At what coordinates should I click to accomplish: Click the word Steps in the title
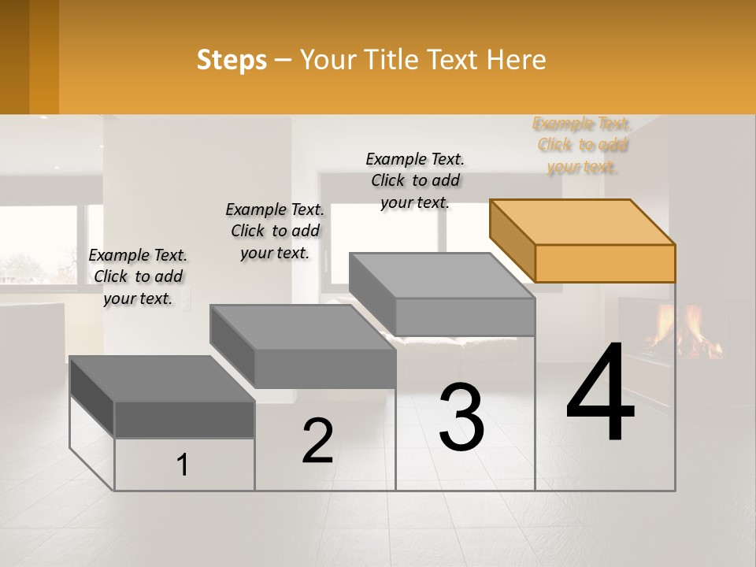pos(232,60)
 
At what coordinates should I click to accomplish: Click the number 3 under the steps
pos(461,417)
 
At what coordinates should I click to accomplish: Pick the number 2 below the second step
pos(317,440)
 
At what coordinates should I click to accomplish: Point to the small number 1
pos(183,465)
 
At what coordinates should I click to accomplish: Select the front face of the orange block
pos(605,263)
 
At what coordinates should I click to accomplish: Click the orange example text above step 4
pos(583,145)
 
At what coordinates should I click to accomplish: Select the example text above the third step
pos(415,180)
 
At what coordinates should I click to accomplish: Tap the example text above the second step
pos(275,231)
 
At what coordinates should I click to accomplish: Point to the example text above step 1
pos(138,276)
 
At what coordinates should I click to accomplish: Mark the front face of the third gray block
pos(465,317)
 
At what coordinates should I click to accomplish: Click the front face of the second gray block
pos(324,369)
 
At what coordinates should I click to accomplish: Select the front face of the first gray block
pos(184,420)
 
